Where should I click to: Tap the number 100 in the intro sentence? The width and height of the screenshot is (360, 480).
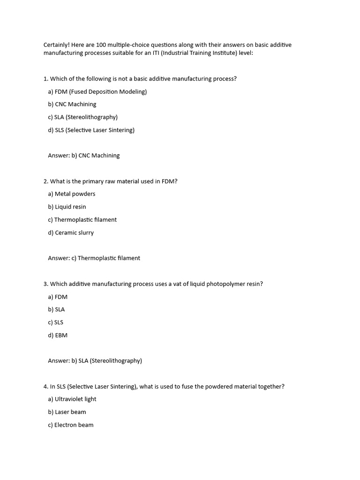(101, 45)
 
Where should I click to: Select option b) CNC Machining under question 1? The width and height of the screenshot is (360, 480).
(72, 104)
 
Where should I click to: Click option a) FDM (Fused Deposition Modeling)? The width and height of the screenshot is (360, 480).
(97, 91)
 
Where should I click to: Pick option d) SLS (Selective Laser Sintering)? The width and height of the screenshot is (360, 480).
(91, 130)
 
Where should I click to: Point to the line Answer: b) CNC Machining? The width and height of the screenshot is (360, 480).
(83, 155)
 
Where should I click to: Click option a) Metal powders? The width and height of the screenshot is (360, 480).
(71, 194)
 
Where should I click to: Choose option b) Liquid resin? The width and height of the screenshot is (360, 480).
(67, 207)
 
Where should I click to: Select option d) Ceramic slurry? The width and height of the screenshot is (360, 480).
(70, 232)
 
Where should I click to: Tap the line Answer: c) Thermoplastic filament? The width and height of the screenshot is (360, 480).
(94, 258)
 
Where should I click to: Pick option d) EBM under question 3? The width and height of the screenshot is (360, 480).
(58, 335)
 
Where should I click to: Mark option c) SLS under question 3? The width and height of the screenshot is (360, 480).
(55, 322)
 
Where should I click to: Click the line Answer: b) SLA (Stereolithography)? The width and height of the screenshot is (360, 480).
(95, 360)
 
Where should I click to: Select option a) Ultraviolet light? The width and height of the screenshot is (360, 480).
(72, 399)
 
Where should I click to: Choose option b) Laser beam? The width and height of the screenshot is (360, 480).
(67, 412)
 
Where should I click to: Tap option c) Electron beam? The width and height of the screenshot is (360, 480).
(70, 425)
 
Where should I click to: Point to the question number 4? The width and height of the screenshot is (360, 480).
(45, 386)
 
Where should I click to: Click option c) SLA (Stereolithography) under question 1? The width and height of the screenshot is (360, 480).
(82, 117)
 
